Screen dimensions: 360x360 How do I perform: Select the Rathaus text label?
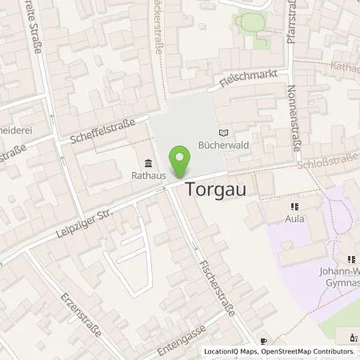[149, 172]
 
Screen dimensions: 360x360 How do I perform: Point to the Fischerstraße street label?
[217, 285]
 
